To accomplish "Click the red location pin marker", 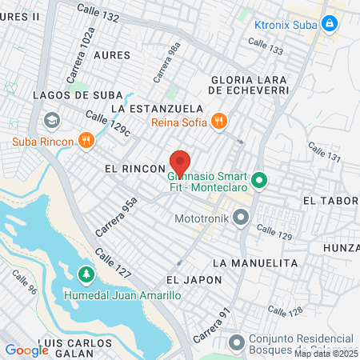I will point(180,163).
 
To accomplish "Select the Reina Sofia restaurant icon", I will point(219,122).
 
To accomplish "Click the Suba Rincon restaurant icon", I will point(86,142).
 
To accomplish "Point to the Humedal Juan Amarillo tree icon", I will point(86,275).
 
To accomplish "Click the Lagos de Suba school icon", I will point(52,120).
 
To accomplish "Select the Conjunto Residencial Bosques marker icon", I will point(236,342).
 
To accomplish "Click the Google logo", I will point(26,350).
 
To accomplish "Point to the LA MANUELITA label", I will point(255,262).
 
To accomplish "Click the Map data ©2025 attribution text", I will point(326,353).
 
